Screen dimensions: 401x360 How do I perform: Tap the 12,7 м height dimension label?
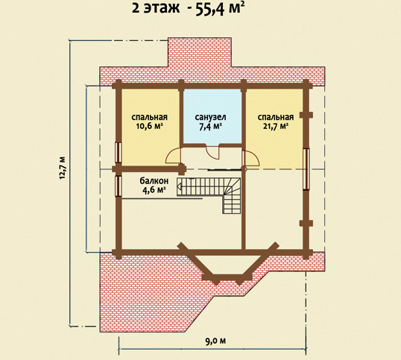coord(63,168)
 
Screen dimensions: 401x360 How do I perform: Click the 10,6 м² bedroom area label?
coord(150,126)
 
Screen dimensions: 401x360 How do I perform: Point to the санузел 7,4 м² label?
coord(210,122)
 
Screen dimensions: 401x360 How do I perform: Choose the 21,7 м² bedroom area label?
coord(276,126)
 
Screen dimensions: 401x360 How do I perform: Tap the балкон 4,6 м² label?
coord(154,185)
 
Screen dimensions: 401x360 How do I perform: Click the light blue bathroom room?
coord(212,116)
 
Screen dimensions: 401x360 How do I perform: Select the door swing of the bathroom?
coord(212,153)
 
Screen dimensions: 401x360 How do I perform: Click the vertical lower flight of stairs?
coord(232,203)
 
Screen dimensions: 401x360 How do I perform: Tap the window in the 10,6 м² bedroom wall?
coord(119,152)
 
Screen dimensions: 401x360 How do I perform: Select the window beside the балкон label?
coord(119,186)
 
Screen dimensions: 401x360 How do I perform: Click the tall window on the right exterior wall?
coord(306,169)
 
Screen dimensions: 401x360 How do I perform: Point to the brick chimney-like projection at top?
coord(200,52)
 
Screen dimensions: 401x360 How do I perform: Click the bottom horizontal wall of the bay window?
coord(227,277)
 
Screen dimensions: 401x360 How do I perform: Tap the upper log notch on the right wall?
coord(306,115)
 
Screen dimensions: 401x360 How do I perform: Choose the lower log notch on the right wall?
coord(306,223)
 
